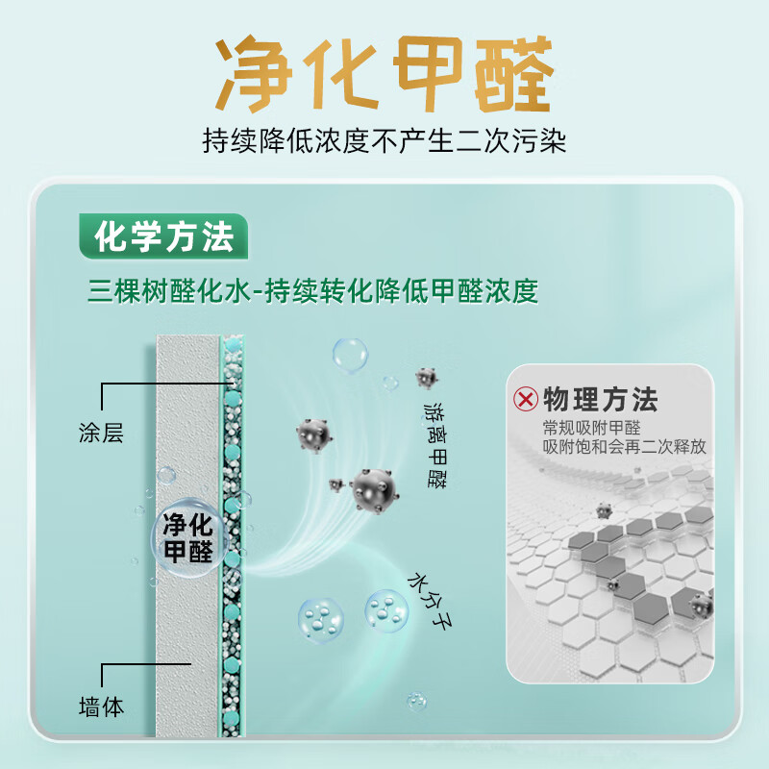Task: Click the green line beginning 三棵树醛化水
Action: pos(312,289)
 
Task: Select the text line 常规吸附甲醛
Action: pos(591,428)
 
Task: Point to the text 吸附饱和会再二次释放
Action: pos(624,447)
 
